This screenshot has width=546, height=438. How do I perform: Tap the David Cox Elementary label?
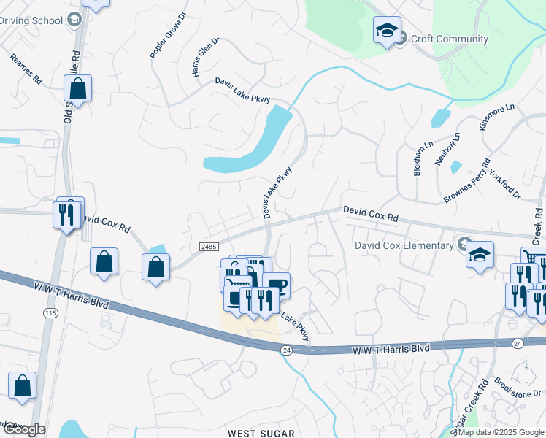coord(404,245)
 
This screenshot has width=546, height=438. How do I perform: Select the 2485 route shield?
coord(208,248)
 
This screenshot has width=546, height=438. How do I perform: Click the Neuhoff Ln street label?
coord(447,149)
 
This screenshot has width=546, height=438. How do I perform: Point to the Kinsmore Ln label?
coord(497,117)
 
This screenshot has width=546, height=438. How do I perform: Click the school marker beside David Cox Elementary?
coord(480,255)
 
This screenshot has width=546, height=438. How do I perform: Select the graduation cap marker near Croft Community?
coord(387,30)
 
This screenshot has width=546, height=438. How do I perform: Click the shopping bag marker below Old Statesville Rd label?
coord(77,89)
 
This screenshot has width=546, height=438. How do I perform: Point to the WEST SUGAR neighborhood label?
coord(261,433)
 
